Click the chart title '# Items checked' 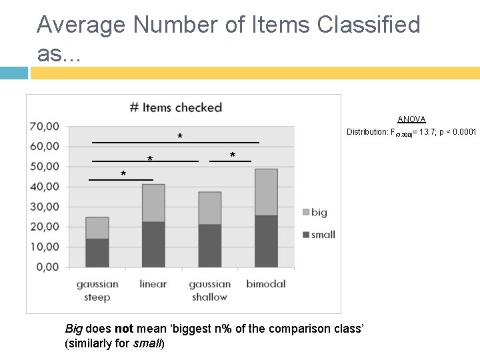pos(175,107)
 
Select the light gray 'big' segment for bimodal pos(266,192)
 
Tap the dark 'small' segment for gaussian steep pos(97,253)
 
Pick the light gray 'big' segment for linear pos(153,203)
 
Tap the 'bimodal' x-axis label pos(266,283)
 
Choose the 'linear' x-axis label pos(153,283)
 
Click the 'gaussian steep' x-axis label pos(97,290)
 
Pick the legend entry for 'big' pos(314,213)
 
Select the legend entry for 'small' pos(317,234)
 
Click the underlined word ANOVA pos(411,119)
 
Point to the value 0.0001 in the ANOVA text pos(462,132)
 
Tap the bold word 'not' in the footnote pos(123,329)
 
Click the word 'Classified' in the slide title pos(369,25)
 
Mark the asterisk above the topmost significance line pos(180,137)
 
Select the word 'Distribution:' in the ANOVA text pos(369,132)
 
